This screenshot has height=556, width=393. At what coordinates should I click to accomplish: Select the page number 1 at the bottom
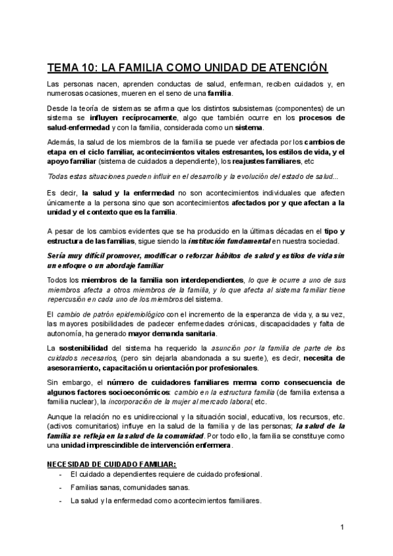[343, 527]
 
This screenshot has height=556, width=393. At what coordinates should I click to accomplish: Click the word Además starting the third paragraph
[61, 141]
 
